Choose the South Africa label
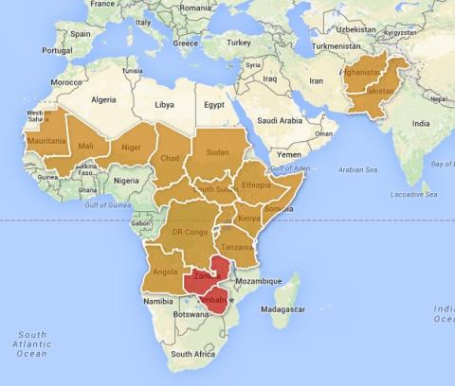(x=193, y=353)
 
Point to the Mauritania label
(x=47, y=141)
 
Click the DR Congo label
(x=190, y=231)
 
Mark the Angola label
(x=164, y=271)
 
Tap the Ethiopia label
(x=256, y=185)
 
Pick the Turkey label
(x=239, y=43)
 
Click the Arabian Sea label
(x=358, y=170)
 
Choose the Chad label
(x=170, y=158)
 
